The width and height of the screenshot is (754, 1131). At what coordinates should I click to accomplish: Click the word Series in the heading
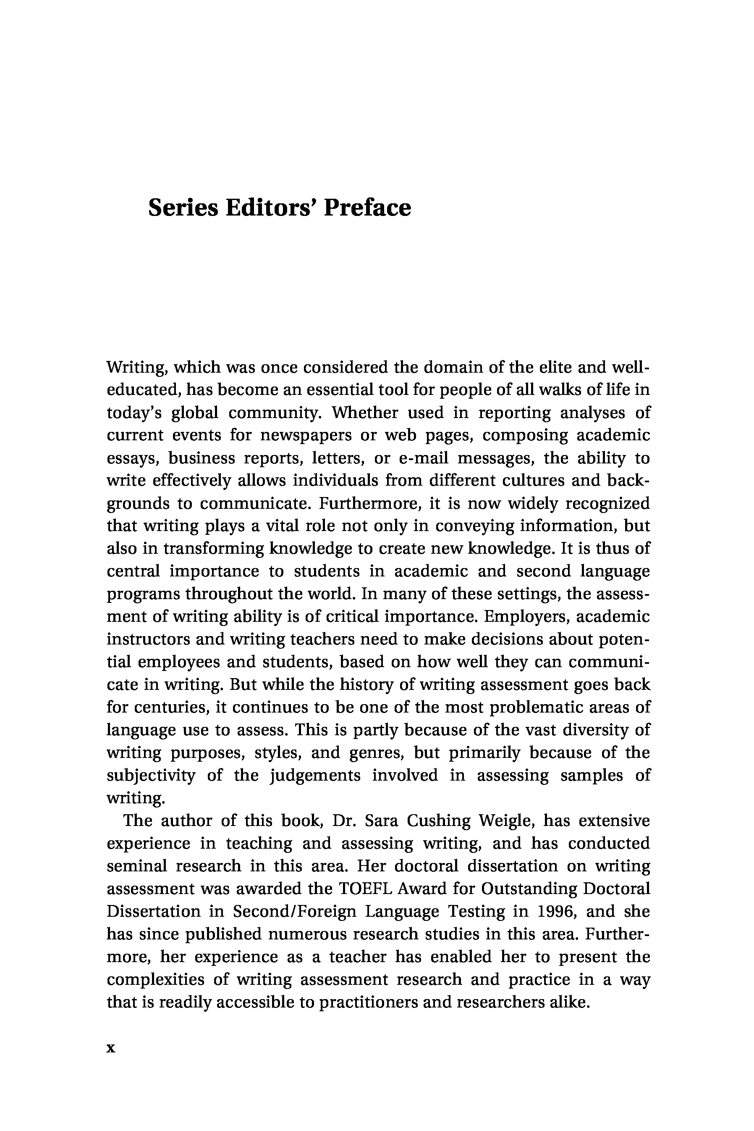(183, 208)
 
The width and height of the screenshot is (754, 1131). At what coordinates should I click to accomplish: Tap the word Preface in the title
(367, 208)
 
